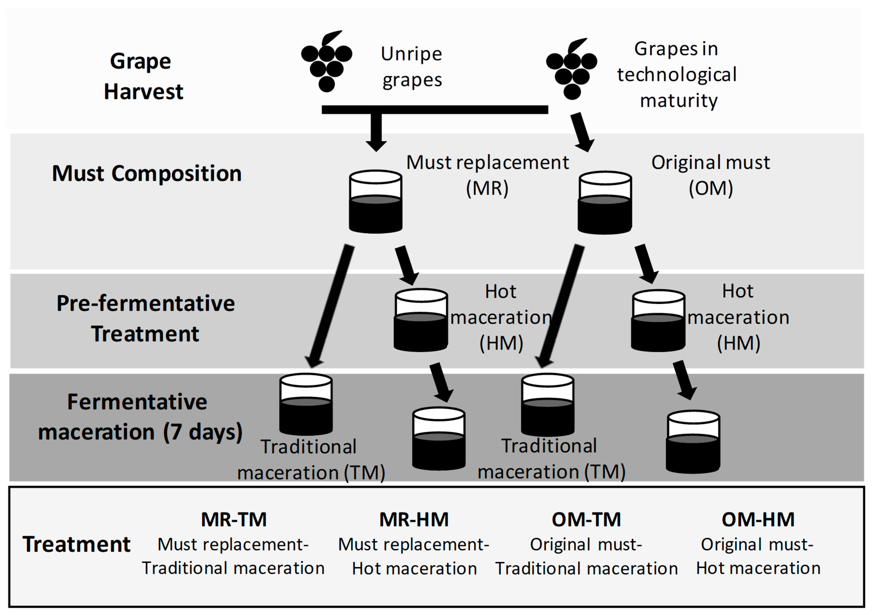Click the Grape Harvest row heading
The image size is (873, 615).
[143, 76]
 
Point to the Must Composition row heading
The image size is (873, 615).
[147, 174]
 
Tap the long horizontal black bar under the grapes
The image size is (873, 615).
[435, 110]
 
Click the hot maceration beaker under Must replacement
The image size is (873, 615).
[421, 320]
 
